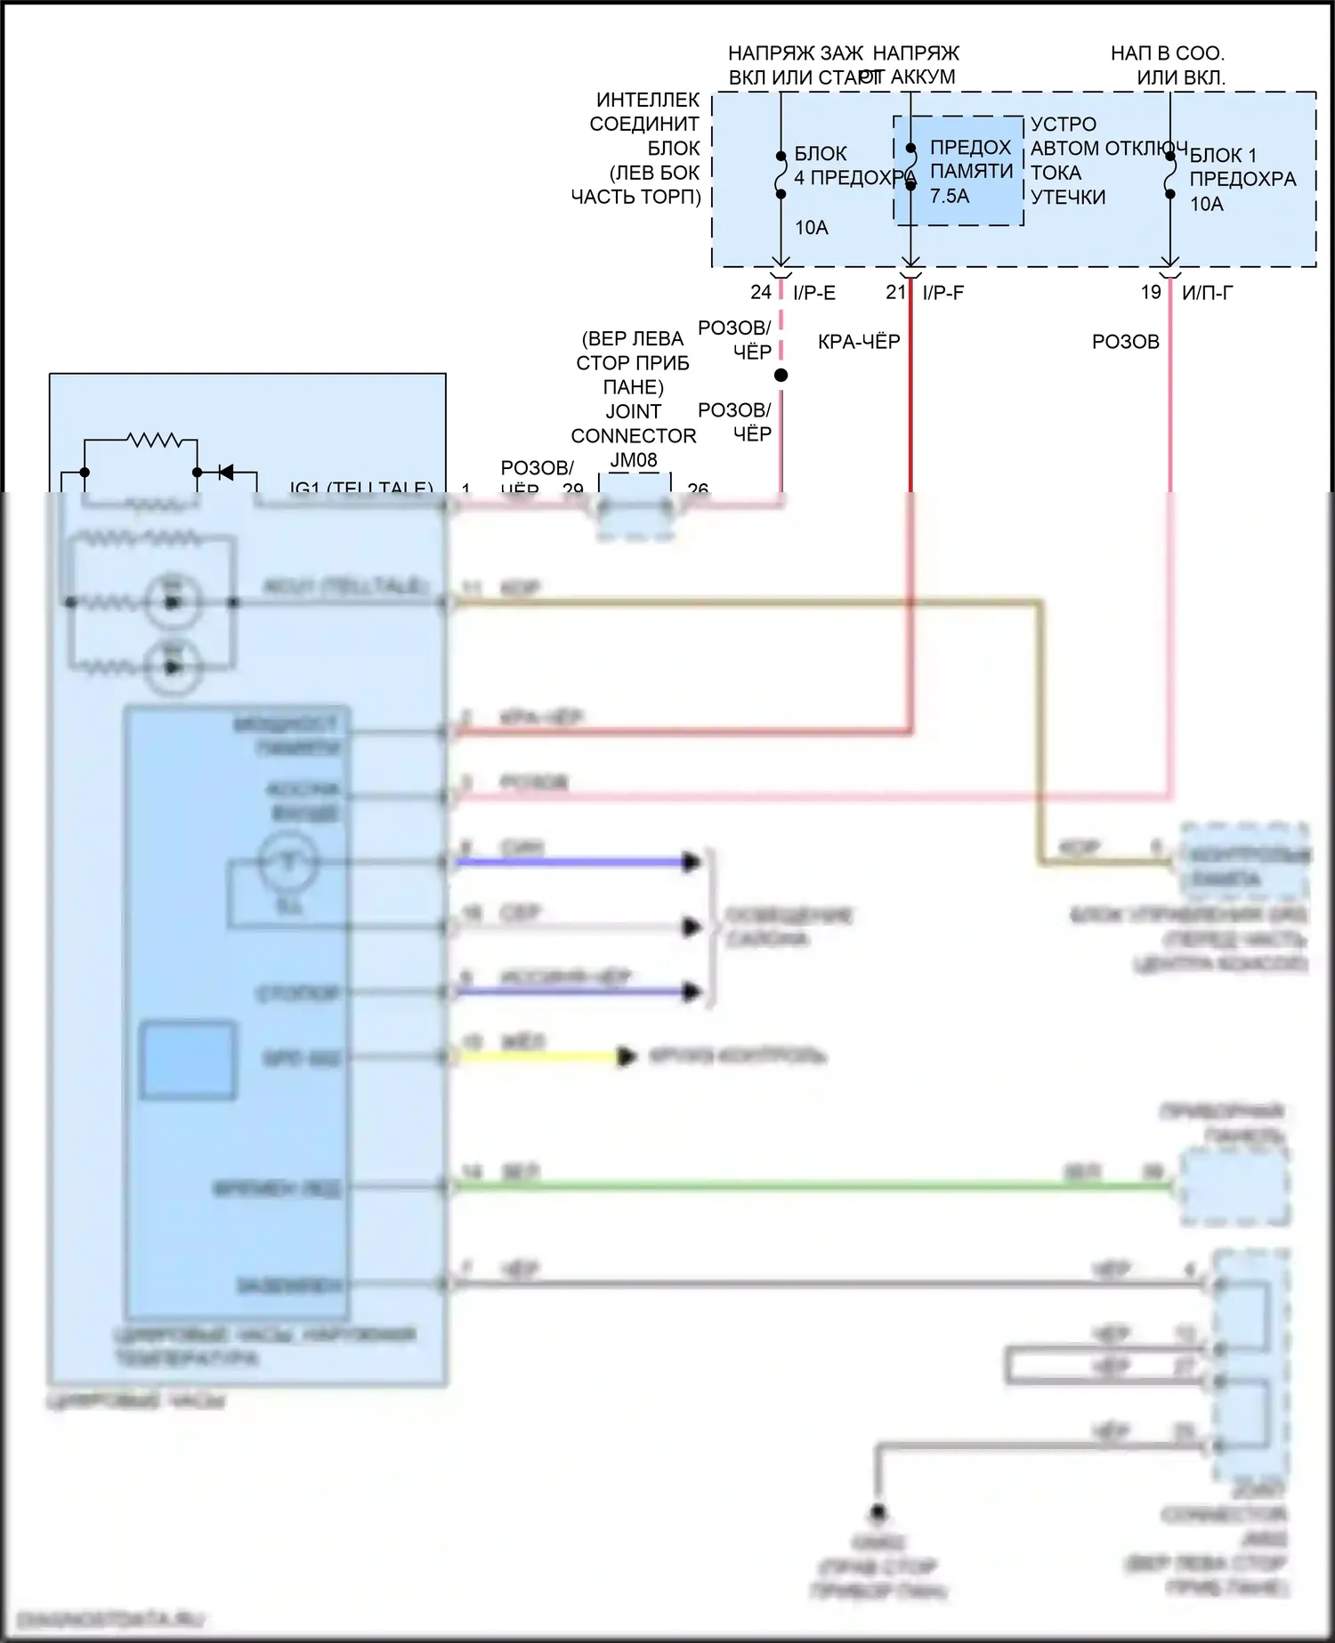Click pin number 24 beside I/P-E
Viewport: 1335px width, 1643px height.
click(760, 292)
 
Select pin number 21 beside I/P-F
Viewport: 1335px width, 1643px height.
click(894, 292)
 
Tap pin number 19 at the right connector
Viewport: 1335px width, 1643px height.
click(1151, 292)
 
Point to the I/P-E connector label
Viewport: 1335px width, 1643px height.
click(814, 293)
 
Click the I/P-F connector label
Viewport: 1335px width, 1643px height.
click(943, 293)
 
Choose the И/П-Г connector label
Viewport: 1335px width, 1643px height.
click(1208, 293)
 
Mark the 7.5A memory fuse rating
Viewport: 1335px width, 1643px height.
click(950, 196)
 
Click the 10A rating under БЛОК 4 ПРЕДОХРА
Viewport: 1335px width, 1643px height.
click(811, 228)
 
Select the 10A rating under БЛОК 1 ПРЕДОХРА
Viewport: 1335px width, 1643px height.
click(1207, 204)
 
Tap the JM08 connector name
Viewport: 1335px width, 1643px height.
click(634, 460)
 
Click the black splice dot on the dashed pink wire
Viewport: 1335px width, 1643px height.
click(781, 376)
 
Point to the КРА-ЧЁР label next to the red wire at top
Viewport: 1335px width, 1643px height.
click(859, 342)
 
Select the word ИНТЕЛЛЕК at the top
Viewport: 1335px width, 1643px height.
click(648, 100)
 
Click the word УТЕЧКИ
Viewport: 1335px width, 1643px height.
click(1068, 197)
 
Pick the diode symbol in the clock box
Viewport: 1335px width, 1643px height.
click(225, 472)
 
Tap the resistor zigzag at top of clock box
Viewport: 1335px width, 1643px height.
click(154, 440)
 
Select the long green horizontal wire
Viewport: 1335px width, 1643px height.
click(801, 1186)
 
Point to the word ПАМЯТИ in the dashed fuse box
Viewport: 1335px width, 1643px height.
click(971, 171)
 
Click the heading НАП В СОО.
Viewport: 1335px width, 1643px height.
click(1167, 53)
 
